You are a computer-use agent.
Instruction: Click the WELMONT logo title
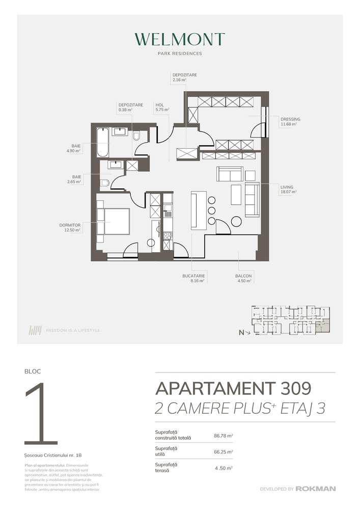pos(180,39)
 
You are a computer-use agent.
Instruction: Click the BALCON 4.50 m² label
pos(243,278)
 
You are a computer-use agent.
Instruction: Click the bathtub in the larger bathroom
pos(102,142)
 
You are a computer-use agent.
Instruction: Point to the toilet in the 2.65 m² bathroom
pos(105,183)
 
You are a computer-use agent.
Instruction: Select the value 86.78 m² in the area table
pos(223,436)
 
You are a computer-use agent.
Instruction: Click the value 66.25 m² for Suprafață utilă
pos(223,451)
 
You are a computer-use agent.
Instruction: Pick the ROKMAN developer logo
pos(317,489)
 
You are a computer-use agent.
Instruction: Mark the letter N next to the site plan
pos(241,332)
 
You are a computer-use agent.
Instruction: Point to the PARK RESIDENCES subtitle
pos(180,53)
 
